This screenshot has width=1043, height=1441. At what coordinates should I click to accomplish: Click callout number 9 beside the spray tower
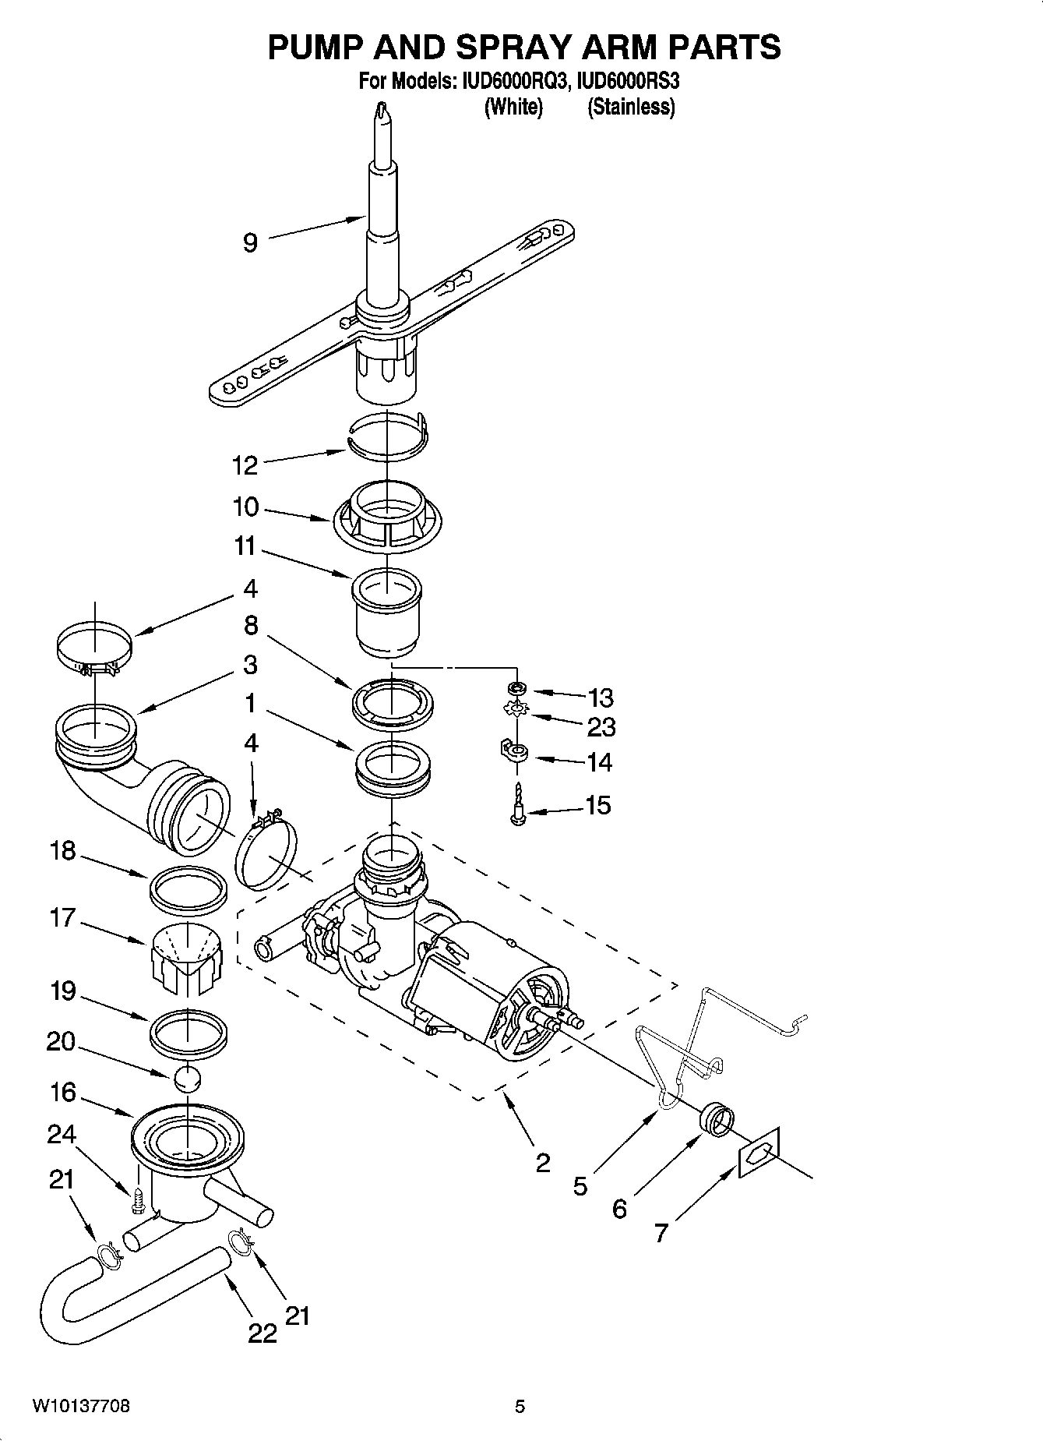[x=250, y=242]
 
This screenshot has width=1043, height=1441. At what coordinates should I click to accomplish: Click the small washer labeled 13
[x=516, y=688]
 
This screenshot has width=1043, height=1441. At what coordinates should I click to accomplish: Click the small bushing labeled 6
[x=717, y=1121]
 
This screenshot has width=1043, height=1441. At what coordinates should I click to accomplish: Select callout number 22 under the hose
[x=263, y=1333]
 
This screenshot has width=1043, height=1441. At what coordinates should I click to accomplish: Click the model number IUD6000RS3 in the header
[x=631, y=82]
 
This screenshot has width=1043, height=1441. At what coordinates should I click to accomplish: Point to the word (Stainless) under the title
[x=631, y=108]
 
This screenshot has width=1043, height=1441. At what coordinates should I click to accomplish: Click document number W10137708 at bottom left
[x=81, y=1407]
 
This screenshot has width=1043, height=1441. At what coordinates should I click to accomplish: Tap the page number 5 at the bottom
[x=520, y=1407]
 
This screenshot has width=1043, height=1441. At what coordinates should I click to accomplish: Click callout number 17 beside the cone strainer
[x=62, y=918]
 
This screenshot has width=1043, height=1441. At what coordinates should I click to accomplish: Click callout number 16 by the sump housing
[x=62, y=1093]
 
